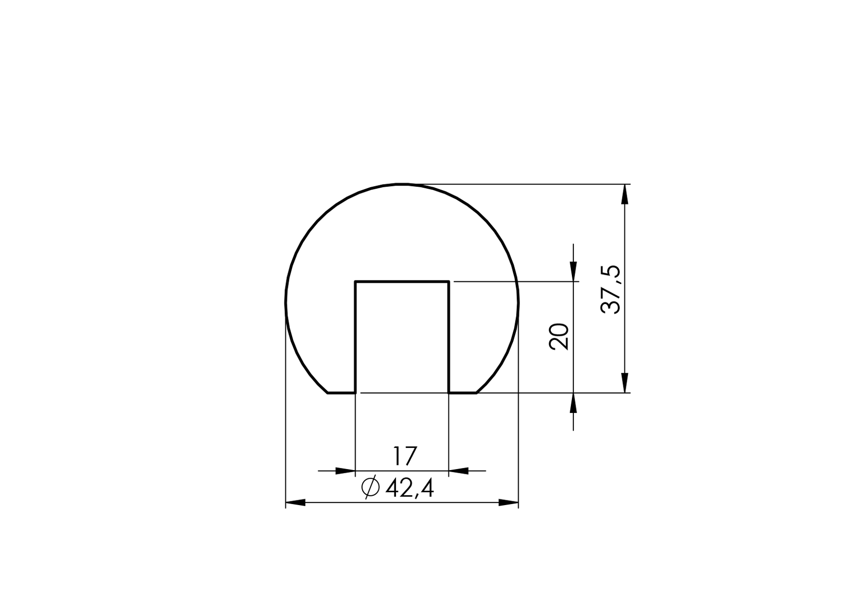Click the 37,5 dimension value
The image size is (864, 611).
click(611, 290)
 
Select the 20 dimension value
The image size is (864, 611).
click(560, 337)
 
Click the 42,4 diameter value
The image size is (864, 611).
click(410, 488)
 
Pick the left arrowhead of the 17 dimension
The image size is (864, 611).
click(345, 471)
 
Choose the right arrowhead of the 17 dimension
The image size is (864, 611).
click(459, 471)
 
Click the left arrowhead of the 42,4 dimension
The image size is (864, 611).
click(295, 502)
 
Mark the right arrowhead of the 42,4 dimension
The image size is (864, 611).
click(508, 502)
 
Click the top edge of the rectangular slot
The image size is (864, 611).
click(402, 282)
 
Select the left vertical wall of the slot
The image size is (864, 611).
click(355, 337)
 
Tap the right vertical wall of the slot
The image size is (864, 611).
click(449, 337)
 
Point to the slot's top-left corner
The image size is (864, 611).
click(355, 282)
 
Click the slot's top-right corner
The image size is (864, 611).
click(449, 282)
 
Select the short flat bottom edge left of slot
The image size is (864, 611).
click(341, 393)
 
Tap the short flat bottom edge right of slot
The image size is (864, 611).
click(463, 393)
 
